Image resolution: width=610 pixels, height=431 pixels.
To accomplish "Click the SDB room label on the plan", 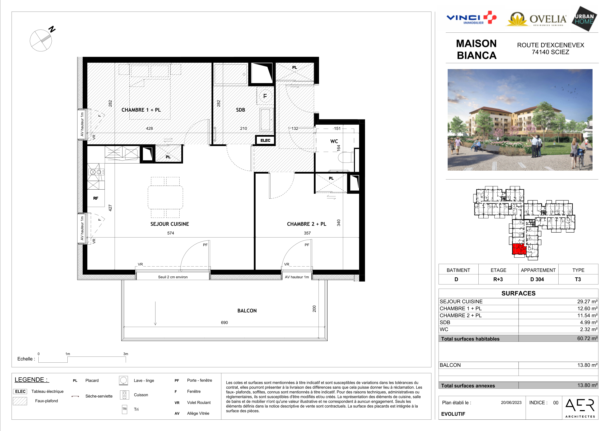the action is point(241,110).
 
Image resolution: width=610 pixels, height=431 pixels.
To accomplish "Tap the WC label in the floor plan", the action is point(334,141).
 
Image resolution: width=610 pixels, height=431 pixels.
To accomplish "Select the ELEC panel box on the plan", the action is point(265,140).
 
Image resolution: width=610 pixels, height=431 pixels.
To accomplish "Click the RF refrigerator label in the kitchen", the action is point(96,198).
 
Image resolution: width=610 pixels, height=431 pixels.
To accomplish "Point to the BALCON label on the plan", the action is point(247,311).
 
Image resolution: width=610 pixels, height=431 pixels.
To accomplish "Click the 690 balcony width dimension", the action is point(224,323).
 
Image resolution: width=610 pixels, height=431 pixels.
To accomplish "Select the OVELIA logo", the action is point(536,19).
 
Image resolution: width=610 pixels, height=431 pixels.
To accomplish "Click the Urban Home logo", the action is point(584,19).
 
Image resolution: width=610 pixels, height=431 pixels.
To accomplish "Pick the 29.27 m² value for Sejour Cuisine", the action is point(587,301).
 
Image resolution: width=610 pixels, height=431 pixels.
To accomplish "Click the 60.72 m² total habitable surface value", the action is point(587,338).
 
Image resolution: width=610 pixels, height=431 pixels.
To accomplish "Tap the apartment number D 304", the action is point(537,279).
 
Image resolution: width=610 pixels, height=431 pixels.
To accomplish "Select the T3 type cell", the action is point(578,279).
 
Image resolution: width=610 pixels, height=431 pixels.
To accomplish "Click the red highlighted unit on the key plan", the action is point(518,249).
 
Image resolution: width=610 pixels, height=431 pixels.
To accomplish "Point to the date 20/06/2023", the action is point(511,402).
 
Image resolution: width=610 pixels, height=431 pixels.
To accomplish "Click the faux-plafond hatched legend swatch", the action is point(20,401).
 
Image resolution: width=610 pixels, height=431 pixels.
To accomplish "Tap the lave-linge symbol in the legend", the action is point(123,381).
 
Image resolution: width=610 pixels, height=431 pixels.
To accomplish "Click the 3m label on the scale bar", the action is point(126,354).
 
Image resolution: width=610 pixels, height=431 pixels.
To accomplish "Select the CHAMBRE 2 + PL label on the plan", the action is point(306,224).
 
